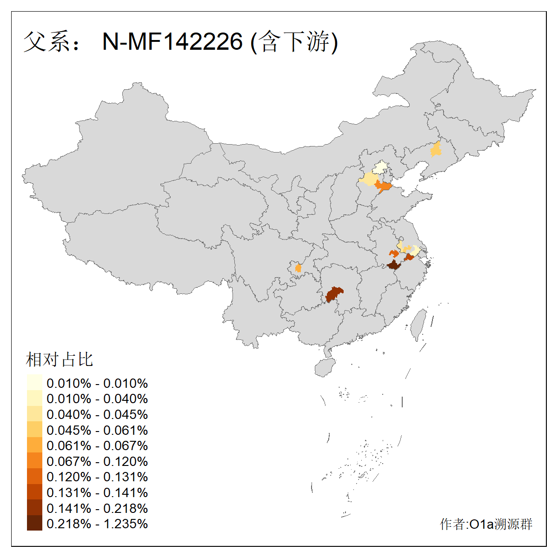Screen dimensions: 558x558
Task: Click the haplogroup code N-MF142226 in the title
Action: pos(173,42)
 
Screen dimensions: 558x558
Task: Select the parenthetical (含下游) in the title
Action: pos(294,42)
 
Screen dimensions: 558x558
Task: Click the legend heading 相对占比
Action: pos(60,359)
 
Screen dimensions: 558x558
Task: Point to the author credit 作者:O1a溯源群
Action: pos(486,525)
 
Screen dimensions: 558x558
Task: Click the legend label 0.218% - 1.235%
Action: pos(97,524)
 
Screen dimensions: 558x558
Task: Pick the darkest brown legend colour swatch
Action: pos(34,524)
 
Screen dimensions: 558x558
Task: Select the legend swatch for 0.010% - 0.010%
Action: pos(34,383)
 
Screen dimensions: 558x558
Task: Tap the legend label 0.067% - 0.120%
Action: pos(97,462)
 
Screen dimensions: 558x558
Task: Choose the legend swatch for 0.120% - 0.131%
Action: pos(34,477)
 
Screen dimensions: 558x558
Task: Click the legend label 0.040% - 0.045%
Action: pos(97,415)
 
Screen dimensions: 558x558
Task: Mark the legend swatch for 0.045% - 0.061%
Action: pos(34,430)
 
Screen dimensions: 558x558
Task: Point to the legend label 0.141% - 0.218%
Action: pos(97,509)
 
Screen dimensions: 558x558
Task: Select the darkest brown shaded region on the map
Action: pos(394,266)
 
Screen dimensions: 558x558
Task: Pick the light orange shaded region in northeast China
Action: pos(436,150)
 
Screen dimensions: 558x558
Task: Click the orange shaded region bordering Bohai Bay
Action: pos(384,187)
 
